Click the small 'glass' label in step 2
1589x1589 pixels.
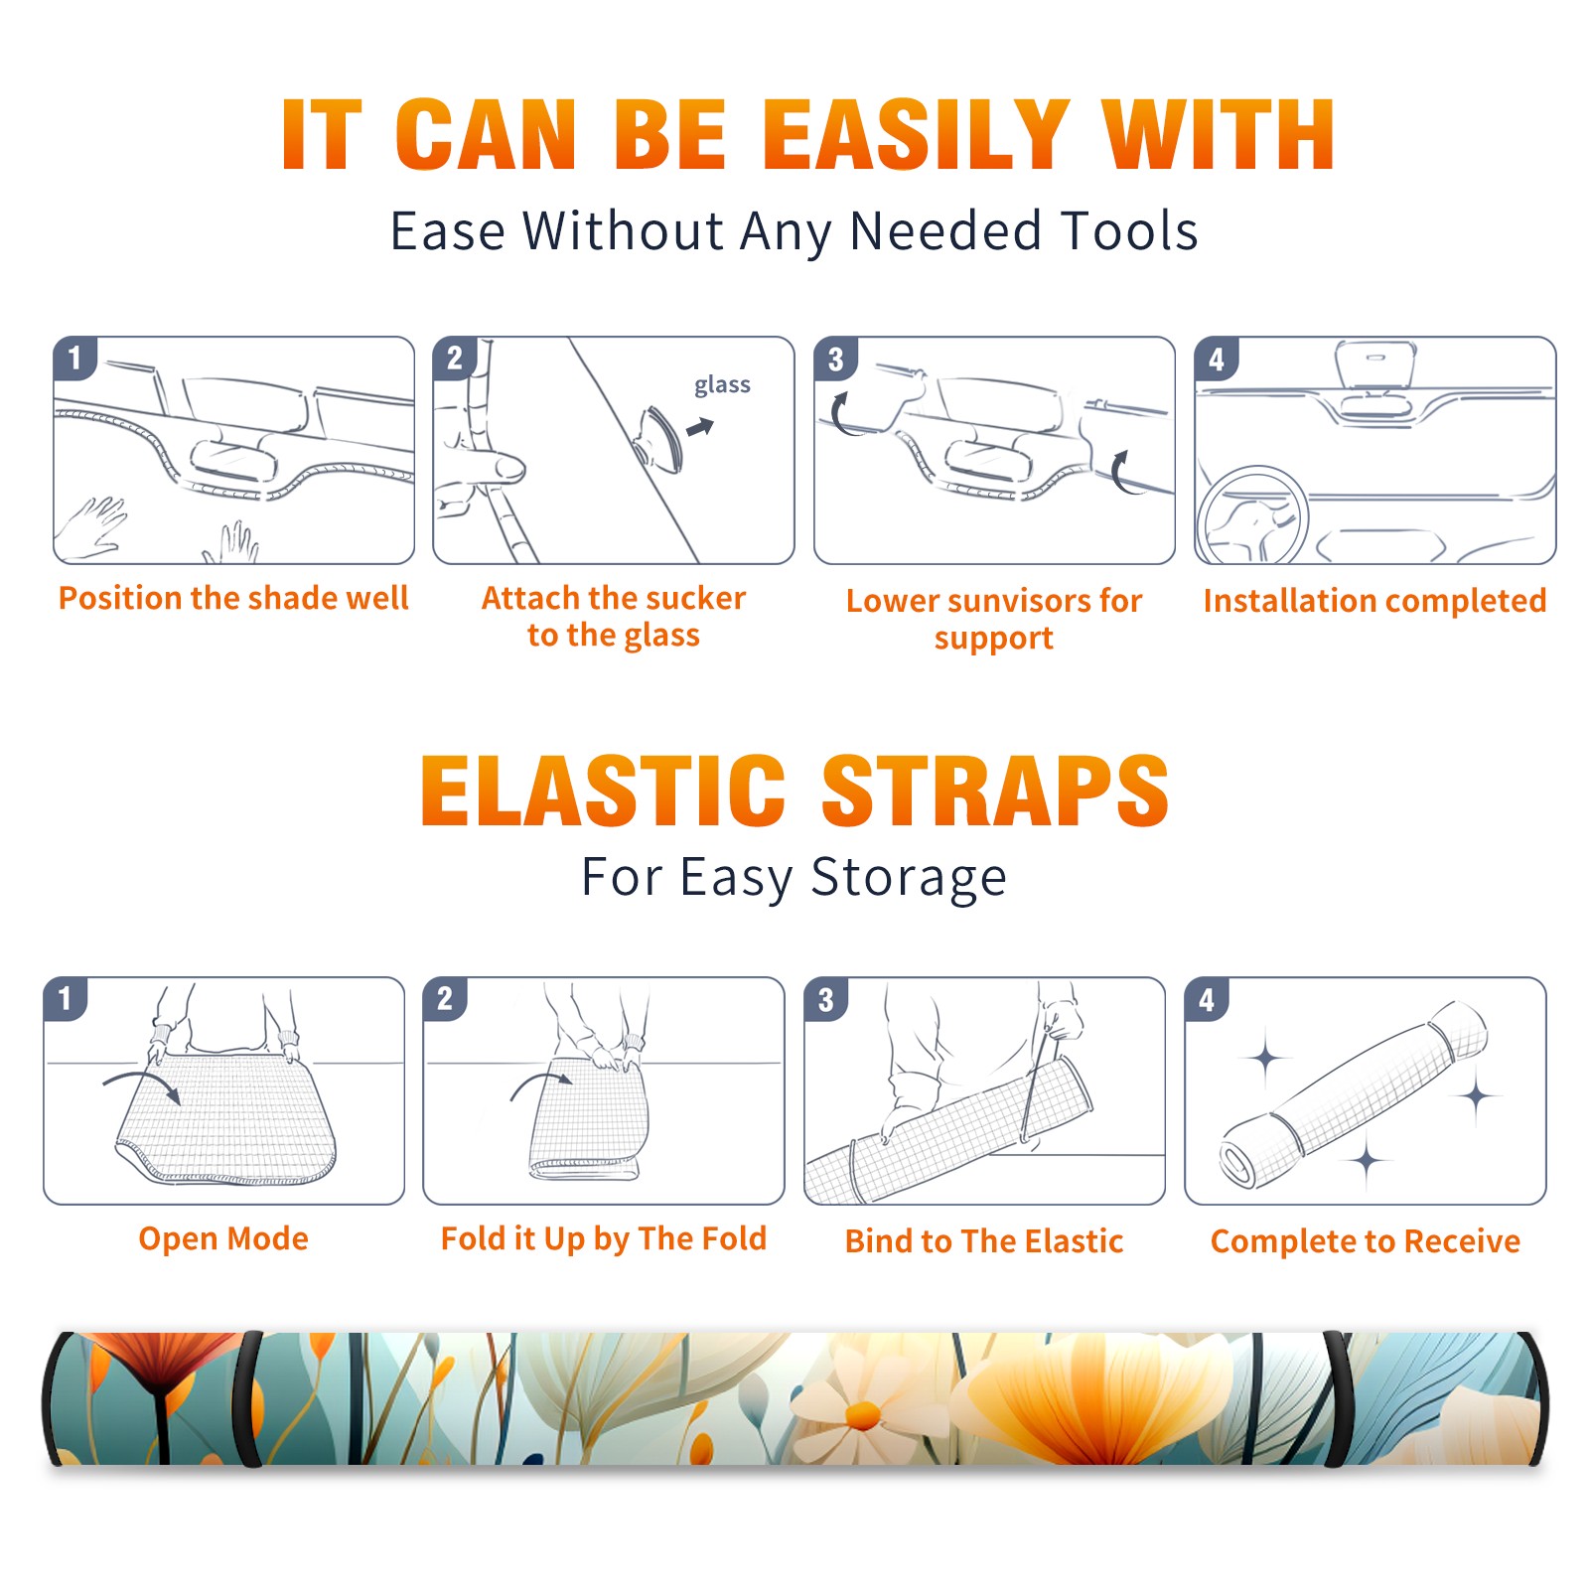pyautogui.click(x=722, y=385)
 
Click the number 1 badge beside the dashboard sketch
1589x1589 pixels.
pyautogui.click(x=74, y=358)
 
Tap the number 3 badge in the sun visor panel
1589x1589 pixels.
pyautogui.click(x=835, y=359)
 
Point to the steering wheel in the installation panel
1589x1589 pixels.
pyautogui.click(x=1252, y=515)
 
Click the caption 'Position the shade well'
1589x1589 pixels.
pyautogui.click(x=233, y=598)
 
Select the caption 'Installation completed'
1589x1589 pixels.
pyautogui.click(x=1374, y=601)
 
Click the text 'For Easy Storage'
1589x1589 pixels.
pyautogui.click(x=794, y=878)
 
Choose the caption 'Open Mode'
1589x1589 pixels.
pyautogui.click(x=223, y=1239)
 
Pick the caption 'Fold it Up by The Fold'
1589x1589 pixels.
pyautogui.click(x=604, y=1239)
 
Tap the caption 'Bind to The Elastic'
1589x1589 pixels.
pyautogui.click(x=984, y=1241)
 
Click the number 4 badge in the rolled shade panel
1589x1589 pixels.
pyautogui.click(x=1207, y=999)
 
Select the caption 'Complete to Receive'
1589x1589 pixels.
pyautogui.click(x=1366, y=1241)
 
